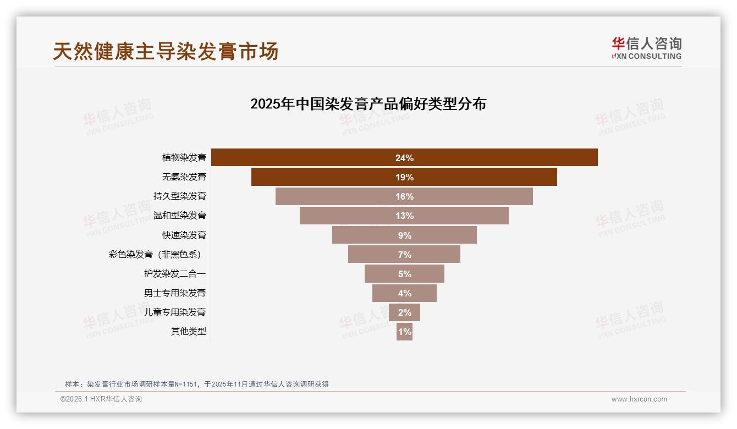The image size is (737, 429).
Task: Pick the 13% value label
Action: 404,216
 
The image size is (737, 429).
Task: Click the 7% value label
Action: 404,255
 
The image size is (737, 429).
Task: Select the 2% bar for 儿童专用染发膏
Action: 404,312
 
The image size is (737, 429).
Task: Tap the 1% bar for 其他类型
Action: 404,332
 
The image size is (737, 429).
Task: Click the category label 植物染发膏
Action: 184,158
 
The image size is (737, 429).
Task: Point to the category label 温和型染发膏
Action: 179,216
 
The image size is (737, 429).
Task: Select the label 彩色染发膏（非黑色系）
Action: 157,255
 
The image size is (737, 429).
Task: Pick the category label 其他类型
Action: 188,332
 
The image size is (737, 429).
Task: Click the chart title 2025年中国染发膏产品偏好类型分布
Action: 368,104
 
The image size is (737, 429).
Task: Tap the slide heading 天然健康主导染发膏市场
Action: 166,51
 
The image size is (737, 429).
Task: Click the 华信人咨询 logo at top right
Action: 646,48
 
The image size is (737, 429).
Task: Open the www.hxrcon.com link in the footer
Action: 639,399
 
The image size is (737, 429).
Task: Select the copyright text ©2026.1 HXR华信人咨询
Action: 101,399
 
